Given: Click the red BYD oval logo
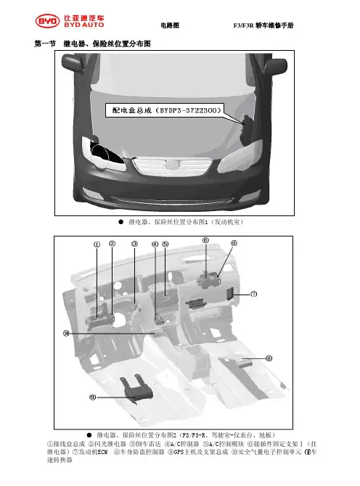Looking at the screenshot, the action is click(x=47, y=21).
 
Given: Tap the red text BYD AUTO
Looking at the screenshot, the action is click(x=84, y=25).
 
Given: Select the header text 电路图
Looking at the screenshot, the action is click(x=170, y=25).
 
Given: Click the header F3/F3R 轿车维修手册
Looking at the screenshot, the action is click(x=263, y=25).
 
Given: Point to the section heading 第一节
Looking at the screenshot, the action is click(x=45, y=44).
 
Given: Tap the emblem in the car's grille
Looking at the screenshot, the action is click(x=172, y=165).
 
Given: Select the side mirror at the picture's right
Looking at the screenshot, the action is click(x=275, y=66).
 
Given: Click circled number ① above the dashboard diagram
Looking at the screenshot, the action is click(x=97, y=244).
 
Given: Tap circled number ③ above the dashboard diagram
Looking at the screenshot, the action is click(x=134, y=244).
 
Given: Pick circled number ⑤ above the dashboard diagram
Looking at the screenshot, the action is click(x=165, y=244).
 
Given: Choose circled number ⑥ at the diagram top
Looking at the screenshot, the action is click(x=205, y=240).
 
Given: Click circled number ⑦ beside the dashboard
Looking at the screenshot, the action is click(x=253, y=294).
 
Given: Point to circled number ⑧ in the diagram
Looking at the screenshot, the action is click(x=269, y=358).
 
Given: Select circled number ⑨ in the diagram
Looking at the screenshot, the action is click(x=92, y=397).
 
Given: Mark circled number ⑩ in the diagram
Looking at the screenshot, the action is click(x=66, y=334).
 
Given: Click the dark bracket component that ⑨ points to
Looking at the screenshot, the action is click(x=137, y=389).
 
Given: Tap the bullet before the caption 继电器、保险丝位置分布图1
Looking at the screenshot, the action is click(x=121, y=222).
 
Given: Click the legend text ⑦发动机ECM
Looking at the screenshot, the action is click(x=90, y=452).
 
